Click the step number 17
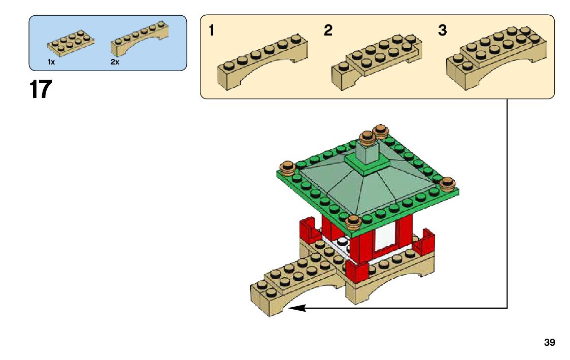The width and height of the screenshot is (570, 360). [41, 90]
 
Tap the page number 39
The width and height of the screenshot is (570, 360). [549, 343]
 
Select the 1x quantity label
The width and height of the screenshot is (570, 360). [51, 62]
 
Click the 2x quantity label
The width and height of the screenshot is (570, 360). [114, 62]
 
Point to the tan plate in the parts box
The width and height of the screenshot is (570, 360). [71, 42]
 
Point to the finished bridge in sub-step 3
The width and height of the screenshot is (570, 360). [496, 56]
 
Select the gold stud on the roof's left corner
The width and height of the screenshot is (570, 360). [288, 168]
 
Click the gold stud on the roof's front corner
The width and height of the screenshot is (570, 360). [353, 221]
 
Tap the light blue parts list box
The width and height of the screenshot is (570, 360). [108, 43]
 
